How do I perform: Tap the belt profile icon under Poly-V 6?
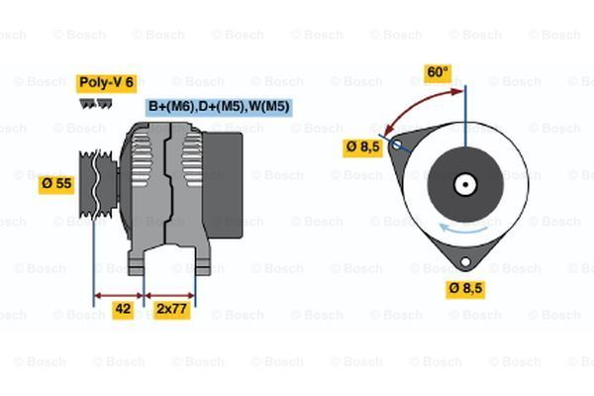pyautogui.click(x=94, y=102)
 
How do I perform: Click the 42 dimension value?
pyautogui.click(x=123, y=309)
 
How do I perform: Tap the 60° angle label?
pyautogui.click(x=437, y=72)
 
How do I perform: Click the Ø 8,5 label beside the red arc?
pyautogui.click(x=361, y=147)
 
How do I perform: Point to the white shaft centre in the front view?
pyautogui.click(x=463, y=184)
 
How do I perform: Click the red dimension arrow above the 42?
pyautogui.click(x=119, y=294)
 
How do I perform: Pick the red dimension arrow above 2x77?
pyautogui.click(x=170, y=294)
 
